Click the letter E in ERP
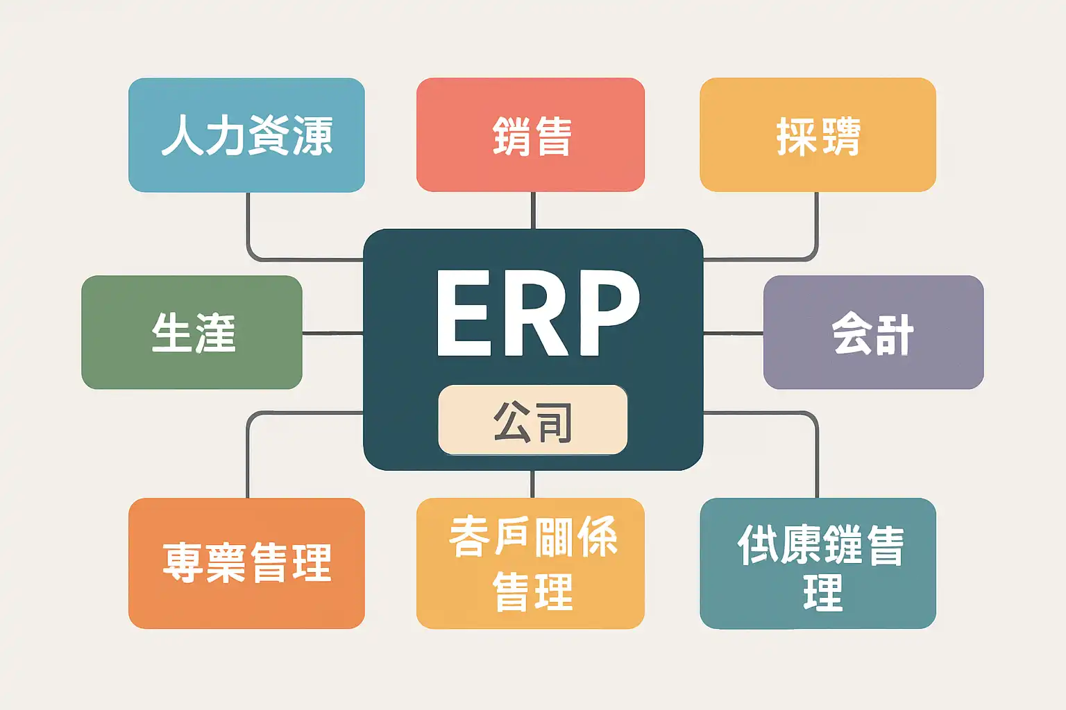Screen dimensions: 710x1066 pyautogui.click(x=462, y=313)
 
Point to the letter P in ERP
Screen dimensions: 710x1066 pyautogui.click(x=605, y=313)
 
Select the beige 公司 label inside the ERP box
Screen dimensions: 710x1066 pyautogui.click(x=532, y=420)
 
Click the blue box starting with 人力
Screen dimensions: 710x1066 pyautogui.click(x=246, y=135)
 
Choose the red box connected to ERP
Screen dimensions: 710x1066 pyautogui.click(x=530, y=135)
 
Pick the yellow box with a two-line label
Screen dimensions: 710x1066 pyautogui.click(x=530, y=563)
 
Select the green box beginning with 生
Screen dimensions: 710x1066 pyautogui.click(x=192, y=332)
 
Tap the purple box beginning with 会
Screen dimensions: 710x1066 pyautogui.click(x=873, y=332)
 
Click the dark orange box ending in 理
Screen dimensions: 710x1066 pyautogui.click(x=246, y=563)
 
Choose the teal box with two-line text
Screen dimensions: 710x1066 pyautogui.click(x=818, y=563)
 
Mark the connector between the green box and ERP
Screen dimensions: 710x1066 pyautogui.click(x=332, y=334)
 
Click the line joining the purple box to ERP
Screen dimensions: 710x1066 pyautogui.click(x=733, y=334)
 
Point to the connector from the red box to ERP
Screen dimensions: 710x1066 pyautogui.click(x=532, y=210)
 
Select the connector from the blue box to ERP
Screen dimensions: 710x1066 pyautogui.click(x=248, y=229)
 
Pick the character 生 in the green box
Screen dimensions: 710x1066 pyautogui.click(x=171, y=332)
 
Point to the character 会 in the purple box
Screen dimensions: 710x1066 pyautogui.click(x=852, y=332)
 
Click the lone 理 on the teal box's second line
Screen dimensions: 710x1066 pyautogui.click(x=822, y=594)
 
